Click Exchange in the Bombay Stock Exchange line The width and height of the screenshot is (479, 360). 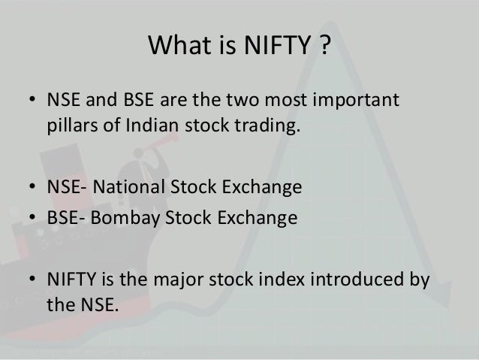point(257,218)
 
